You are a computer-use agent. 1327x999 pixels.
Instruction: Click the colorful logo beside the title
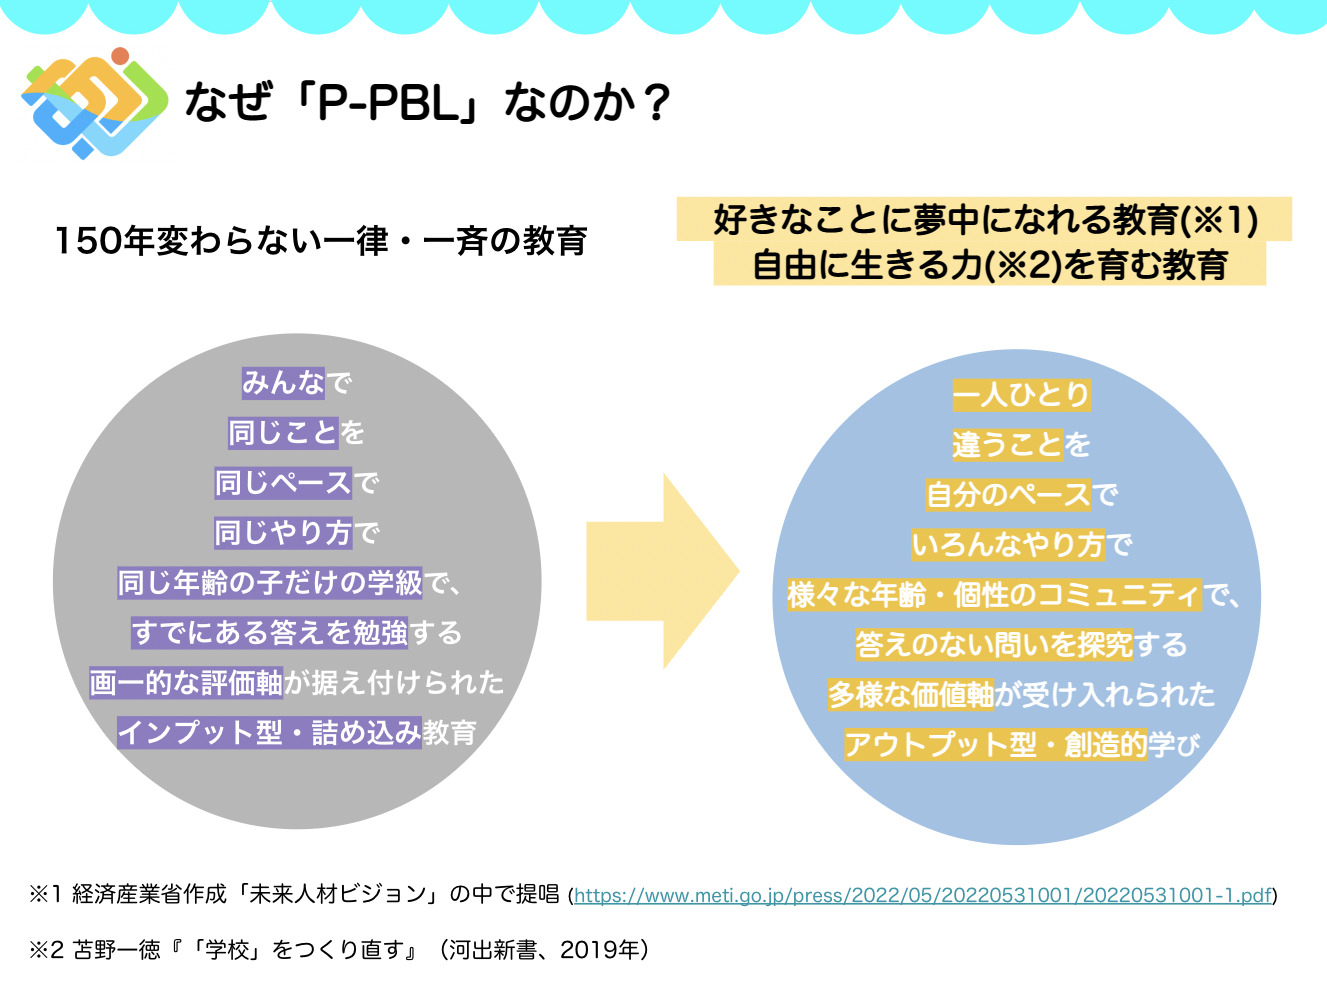[x=95, y=103]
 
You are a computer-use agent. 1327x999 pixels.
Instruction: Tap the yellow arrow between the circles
[x=663, y=571]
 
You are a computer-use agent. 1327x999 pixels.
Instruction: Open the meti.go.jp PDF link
[x=923, y=894]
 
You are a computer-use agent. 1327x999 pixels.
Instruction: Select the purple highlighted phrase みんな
[x=283, y=383]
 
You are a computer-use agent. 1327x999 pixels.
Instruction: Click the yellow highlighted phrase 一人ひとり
[x=1021, y=395]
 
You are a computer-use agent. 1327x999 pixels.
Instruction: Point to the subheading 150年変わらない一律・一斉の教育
[x=321, y=241]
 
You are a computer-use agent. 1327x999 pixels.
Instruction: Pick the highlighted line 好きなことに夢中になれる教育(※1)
[x=985, y=219]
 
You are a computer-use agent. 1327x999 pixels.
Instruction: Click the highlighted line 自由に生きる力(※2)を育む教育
[x=990, y=265]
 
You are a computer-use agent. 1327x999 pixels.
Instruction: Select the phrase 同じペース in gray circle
[x=283, y=483]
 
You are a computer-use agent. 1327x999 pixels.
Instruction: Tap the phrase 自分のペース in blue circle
[x=1008, y=494]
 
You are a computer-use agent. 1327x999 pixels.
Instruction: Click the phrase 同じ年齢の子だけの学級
[x=270, y=583]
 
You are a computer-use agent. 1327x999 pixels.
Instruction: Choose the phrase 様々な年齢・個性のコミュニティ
[x=994, y=594]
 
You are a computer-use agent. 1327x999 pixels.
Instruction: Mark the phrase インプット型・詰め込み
[x=269, y=732]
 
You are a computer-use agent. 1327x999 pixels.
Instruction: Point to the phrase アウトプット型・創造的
[x=996, y=744]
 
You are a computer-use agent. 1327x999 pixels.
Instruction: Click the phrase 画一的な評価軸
[x=186, y=682]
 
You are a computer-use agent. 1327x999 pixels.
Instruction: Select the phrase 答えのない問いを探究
[x=994, y=644]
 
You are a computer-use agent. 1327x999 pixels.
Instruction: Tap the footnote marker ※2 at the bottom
[x=47, y=950]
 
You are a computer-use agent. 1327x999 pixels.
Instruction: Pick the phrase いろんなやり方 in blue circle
[x=1008, y=545]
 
